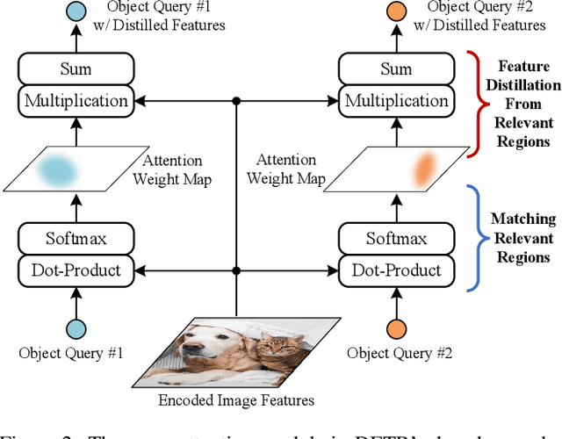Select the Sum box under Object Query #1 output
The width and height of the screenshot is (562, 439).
(x=75, y=68)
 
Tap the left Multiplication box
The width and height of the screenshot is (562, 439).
(x=75, y=101)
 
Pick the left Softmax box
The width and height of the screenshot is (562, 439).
(x=75, y=238)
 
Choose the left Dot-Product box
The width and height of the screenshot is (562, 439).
(x=75, y=270)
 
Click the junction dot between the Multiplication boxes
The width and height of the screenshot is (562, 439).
(x=236, y=101)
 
